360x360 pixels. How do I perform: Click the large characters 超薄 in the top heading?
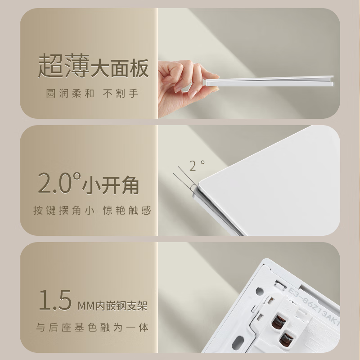(x=63, y=66)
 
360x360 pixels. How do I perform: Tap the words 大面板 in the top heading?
(x=120, y=68)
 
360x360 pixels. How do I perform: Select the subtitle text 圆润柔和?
(x=70, y=94)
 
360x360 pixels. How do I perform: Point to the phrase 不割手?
(x=121, y=94)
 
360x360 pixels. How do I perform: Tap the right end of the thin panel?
(x=333, y=81)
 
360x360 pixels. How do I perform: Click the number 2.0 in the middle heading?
(x=59, y=183)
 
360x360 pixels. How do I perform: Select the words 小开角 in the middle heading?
(x=110, y=185)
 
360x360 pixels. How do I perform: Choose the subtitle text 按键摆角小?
(x=64, y=210)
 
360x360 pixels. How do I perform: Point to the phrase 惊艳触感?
(x=127, y=210)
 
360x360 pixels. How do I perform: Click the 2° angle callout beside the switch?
(x=197, y=166)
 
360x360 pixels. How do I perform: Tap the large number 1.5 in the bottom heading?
(x=55, y=300)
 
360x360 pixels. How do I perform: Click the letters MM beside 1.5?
(x=86, y=306)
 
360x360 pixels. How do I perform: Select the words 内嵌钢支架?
(x=121, y=306)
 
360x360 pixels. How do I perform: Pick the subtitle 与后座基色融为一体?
(x=92, y=327)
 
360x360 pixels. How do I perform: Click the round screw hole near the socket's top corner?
(x=260, y=292)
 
